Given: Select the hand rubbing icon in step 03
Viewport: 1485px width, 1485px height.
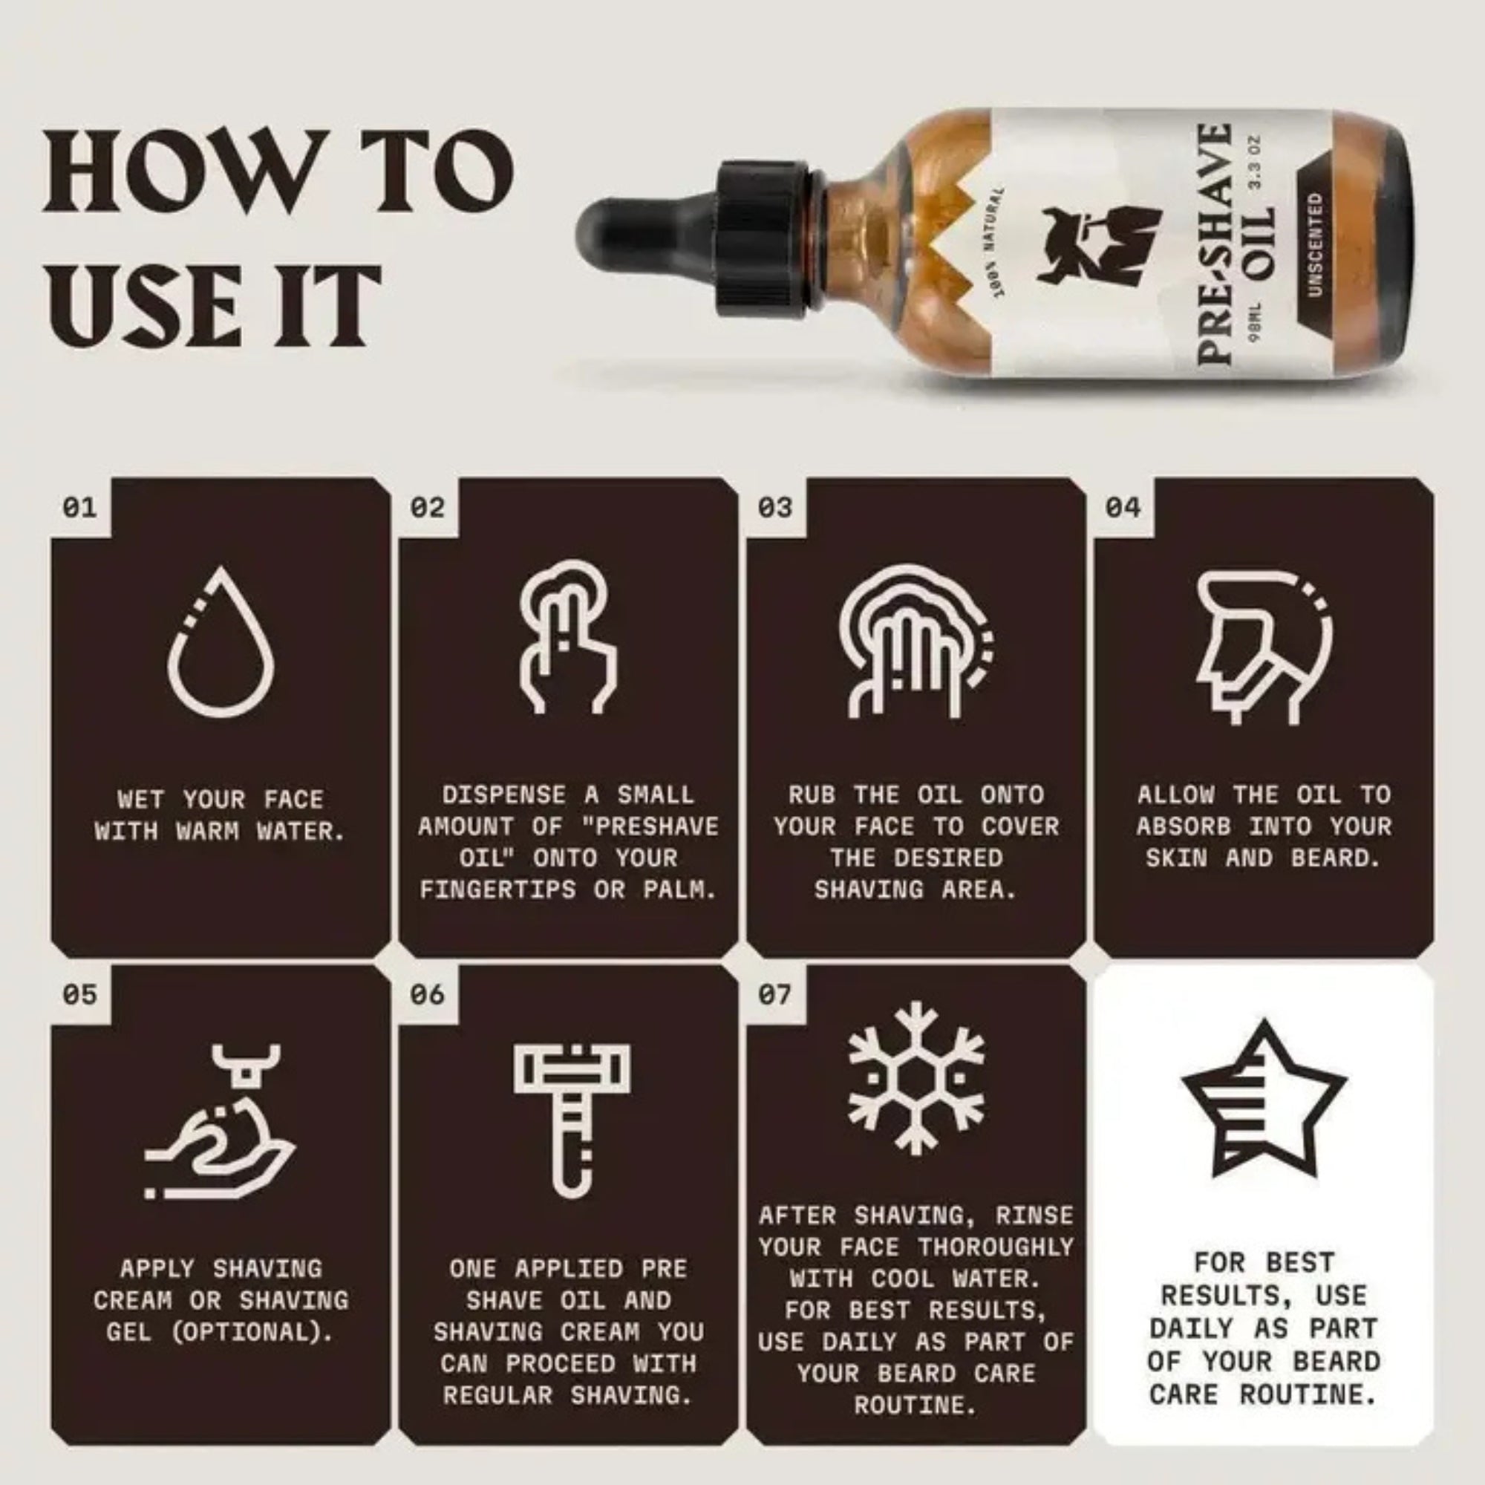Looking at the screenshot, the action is tap(915, 642).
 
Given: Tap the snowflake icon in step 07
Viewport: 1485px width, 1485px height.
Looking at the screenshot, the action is tap(916, 1077).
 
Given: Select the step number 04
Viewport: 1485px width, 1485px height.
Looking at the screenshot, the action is tap(1122, 507).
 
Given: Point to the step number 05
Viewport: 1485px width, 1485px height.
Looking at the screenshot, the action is tap(79, 995).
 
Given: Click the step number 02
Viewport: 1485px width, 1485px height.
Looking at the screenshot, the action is tap(427, 507).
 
